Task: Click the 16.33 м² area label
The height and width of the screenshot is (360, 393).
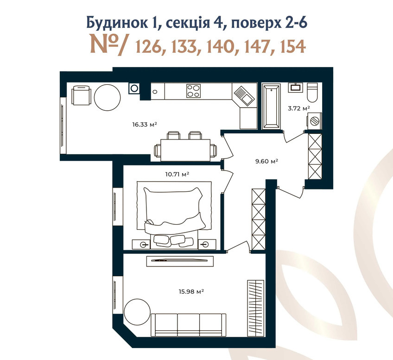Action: tap(145, 124)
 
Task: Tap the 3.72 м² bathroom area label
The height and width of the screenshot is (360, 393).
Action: tap(299, 108)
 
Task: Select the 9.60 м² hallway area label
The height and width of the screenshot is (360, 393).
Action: tap(266, 161)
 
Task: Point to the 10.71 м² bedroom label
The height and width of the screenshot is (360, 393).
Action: tap(177, 174)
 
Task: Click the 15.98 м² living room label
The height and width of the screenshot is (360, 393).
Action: tap(191, 291)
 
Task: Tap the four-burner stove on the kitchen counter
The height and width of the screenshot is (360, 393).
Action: tap(194, 91)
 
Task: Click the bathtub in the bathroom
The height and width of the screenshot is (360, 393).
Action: tap(271, 107)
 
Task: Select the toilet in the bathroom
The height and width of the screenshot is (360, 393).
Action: tap(312, 93)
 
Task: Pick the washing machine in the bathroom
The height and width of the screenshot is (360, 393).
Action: tap(314, 121)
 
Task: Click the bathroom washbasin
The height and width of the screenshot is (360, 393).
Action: tap(295, 88)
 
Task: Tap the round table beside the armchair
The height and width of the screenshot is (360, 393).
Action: tap(107, 97)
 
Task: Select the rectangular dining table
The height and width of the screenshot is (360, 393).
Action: tap(185, 150)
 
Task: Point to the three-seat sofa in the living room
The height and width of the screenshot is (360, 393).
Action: tap(189, 325)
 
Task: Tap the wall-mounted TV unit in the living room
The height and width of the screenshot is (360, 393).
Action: tap(180, 261)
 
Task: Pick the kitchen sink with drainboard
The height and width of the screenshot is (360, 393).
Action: tap(243, 96)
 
